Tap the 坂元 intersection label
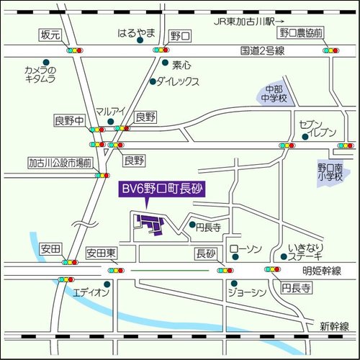(x=49, y=35)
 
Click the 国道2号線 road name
(x=263, y=51)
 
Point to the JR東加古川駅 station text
(x=245, y=22)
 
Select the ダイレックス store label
(x=177, y=81)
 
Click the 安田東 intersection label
(x=101, y=253)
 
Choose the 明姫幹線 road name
(x=320, y=270)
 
